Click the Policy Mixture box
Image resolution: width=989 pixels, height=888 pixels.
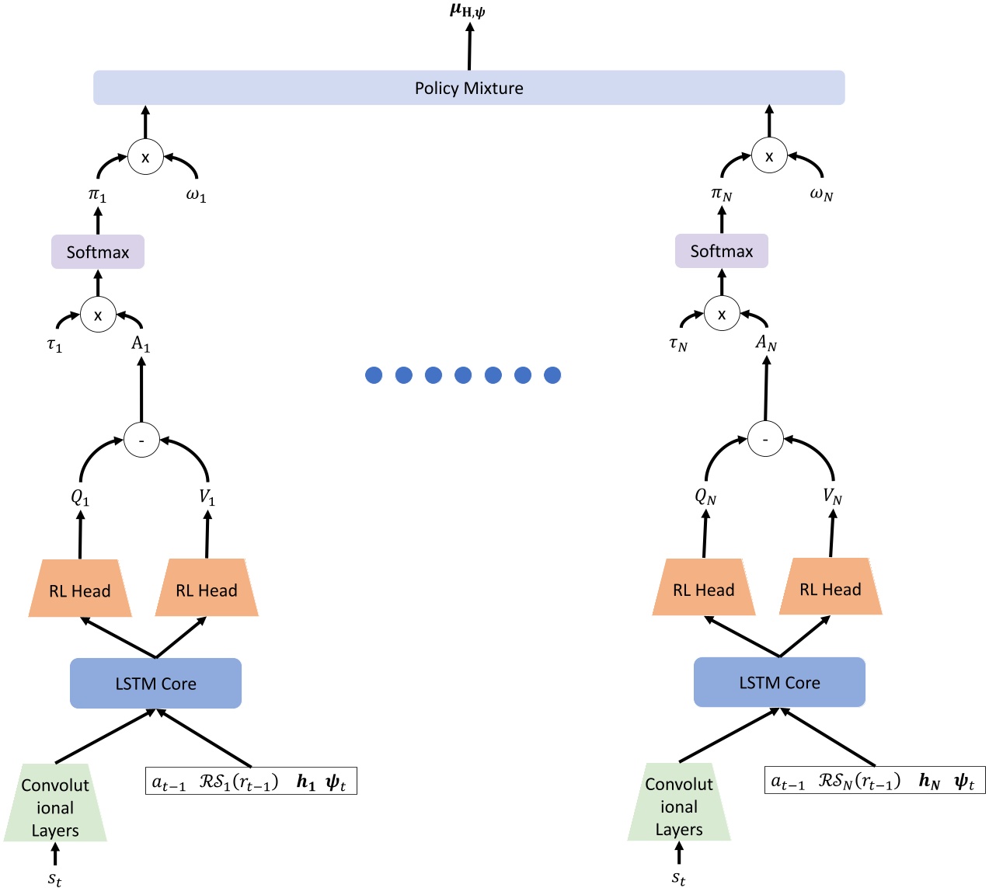(468, 88)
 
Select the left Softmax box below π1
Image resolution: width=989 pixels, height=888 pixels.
(98, 252)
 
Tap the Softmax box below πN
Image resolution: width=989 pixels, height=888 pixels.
(721, 251)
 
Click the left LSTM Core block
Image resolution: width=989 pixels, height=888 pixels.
(155, 684)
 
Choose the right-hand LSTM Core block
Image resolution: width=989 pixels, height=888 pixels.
(779, 682)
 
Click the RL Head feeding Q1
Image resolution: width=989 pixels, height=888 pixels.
(80, 590)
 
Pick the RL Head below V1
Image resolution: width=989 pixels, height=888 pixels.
(207, 590)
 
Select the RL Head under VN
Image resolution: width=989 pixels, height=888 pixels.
(831, 588)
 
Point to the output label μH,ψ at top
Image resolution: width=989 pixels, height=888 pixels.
(468, 11)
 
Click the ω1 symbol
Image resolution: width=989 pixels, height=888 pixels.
(196, 195)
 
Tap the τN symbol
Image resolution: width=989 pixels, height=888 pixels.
(678, 344)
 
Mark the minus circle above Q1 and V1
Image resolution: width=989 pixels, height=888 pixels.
(141, 441)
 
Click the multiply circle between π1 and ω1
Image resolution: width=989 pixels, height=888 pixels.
(145, 157)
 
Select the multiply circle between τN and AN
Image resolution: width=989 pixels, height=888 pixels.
(722, 315)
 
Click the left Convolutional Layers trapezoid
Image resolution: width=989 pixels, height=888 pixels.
(55, 807)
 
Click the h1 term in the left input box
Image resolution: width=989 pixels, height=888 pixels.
(306, 782)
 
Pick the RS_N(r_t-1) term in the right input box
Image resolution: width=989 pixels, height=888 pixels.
(859, 781)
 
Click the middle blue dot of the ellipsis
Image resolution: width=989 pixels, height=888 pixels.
(463, 375)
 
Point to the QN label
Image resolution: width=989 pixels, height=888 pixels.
(705, 496)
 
